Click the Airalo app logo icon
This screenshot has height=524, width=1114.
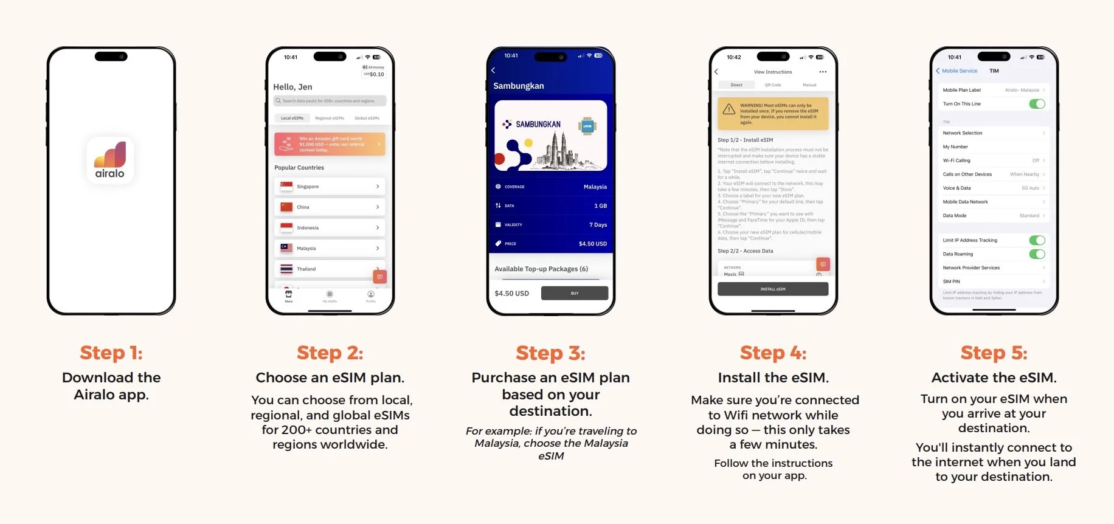110,160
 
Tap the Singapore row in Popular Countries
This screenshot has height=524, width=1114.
330,187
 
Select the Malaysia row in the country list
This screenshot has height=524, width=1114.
330,248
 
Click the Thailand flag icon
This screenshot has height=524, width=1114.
286,269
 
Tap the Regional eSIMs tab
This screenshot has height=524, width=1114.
330,118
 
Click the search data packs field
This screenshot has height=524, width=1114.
330,101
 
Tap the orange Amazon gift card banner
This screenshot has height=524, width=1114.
330,144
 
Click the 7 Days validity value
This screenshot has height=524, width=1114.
598,225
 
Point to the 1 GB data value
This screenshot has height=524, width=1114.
600,206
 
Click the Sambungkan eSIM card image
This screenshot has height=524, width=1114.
551,136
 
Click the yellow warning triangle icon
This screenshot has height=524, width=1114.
728,110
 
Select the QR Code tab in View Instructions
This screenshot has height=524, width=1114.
773,85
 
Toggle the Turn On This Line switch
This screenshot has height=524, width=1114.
1037,104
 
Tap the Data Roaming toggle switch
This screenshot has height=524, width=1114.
1037,254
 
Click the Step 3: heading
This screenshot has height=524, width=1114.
550,353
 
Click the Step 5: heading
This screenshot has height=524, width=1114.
994,353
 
